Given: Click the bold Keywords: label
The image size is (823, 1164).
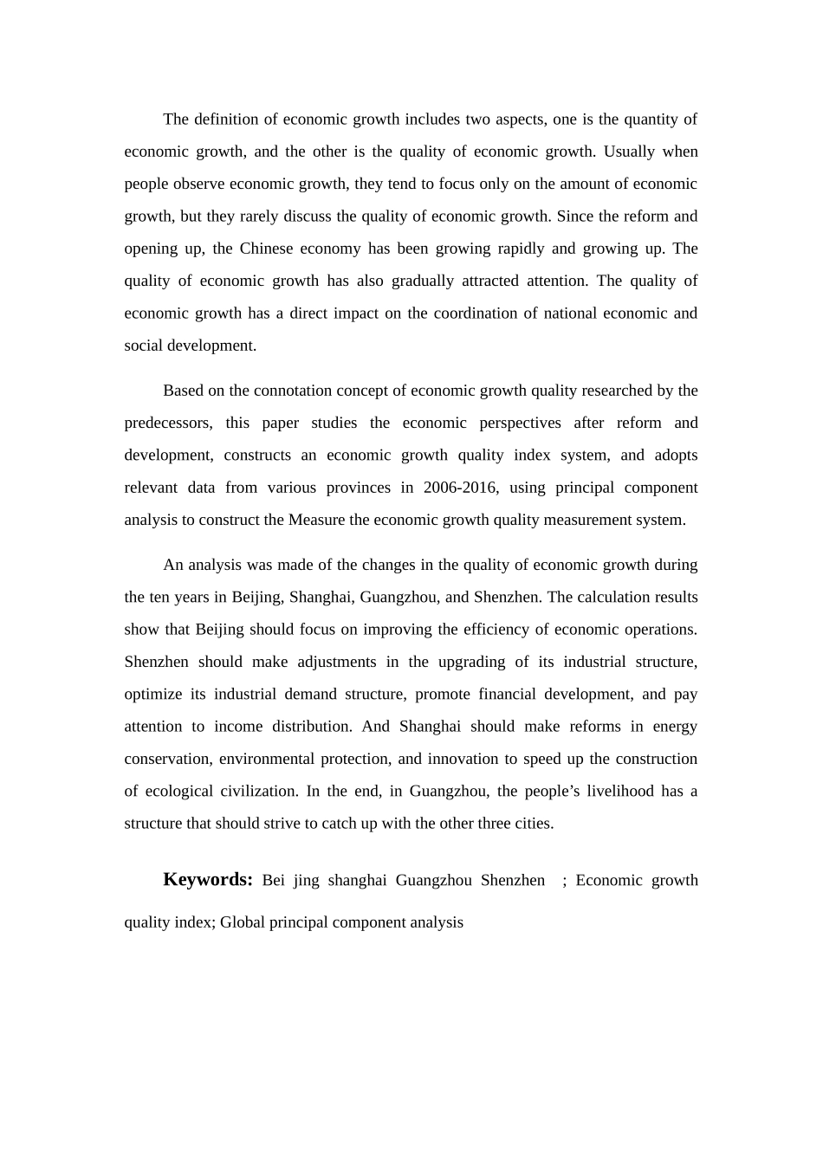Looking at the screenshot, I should pos(208,880).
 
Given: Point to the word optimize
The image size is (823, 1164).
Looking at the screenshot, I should pos(153,695).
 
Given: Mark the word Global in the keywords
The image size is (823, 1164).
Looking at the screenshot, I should pos(243,922).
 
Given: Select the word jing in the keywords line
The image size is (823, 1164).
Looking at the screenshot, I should pos(307,881).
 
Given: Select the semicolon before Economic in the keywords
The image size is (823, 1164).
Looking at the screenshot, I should pos(565,881).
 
